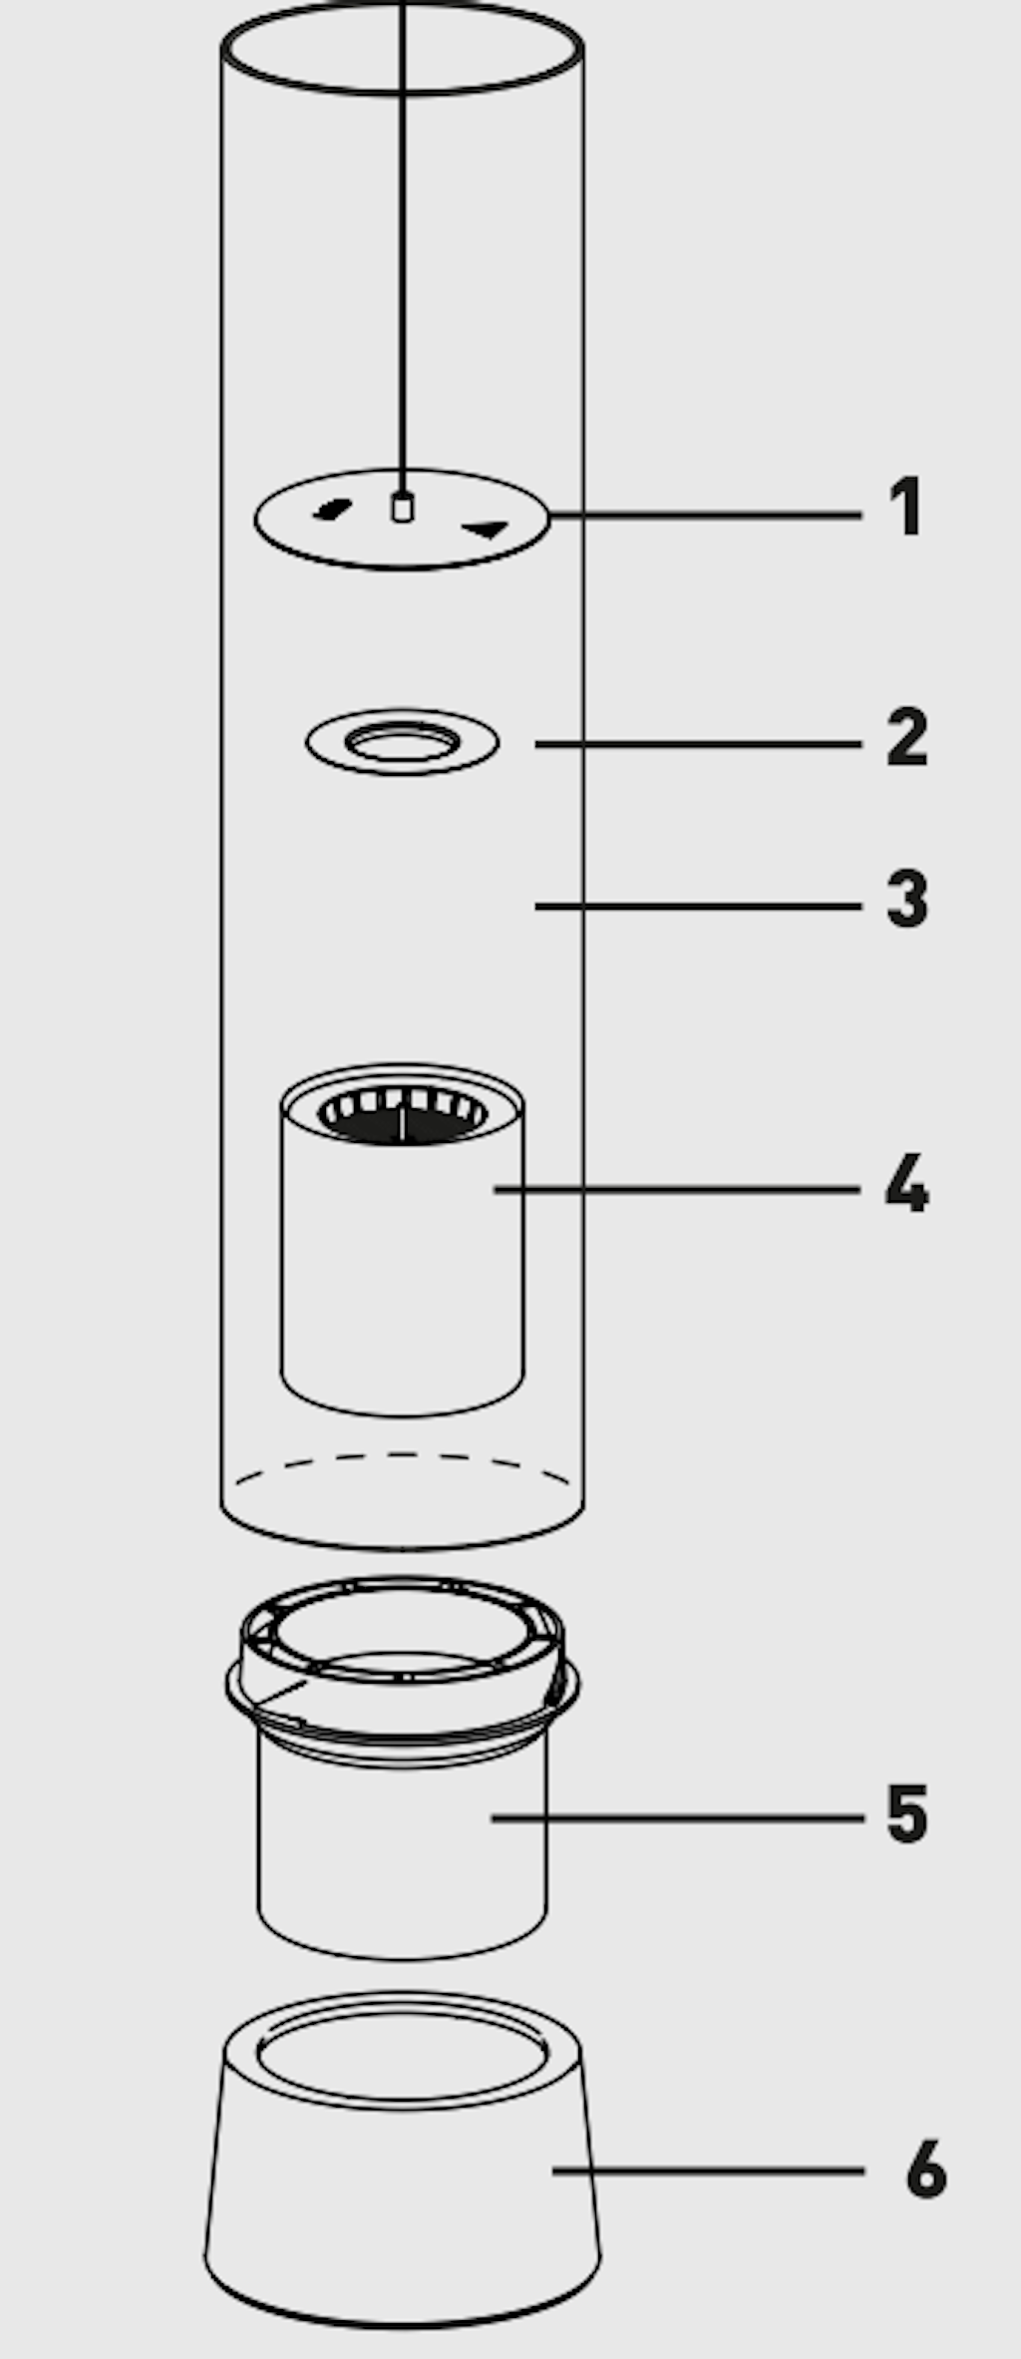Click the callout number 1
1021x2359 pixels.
[906, 507]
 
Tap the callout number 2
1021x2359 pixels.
[907, 737]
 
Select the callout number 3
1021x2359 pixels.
[907, 900]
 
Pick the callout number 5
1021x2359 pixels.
[907, 1812]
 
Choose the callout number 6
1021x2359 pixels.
[926, 2168]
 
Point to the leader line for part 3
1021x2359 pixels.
[698, 906]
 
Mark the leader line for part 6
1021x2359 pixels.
[708, 2171]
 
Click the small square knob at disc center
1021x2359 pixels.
[402, 508]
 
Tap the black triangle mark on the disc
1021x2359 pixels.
[486, 529]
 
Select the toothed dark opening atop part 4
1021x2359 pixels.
[402, 1114]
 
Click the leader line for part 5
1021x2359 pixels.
[677, 1818]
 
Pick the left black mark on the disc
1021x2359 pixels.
[331, 511]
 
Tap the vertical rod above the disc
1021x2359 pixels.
[402, 249]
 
